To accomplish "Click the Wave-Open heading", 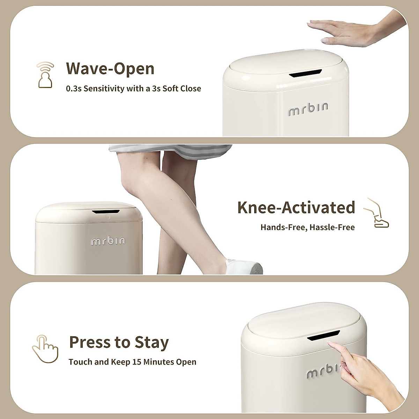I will coord(110,69).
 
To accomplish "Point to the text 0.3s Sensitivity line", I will coord(133,89).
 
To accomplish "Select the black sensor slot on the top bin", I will coord(305,73).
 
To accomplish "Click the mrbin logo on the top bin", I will coord(308,109).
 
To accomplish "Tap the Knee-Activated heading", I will coord(296,207).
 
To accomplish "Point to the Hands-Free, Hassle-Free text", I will coord(307,228).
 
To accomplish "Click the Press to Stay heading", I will coord(119,342).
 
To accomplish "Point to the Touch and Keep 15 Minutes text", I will coord(132,362).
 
